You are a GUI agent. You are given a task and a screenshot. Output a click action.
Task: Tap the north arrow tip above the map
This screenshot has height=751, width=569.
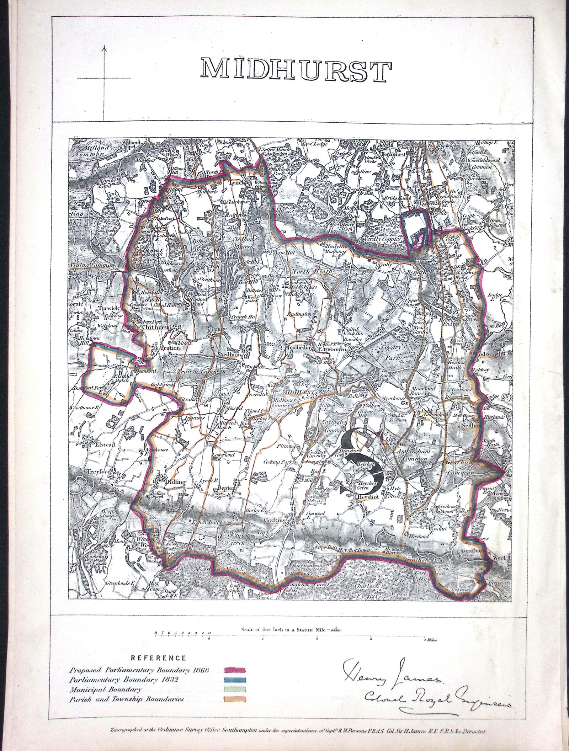click(104, 47)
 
